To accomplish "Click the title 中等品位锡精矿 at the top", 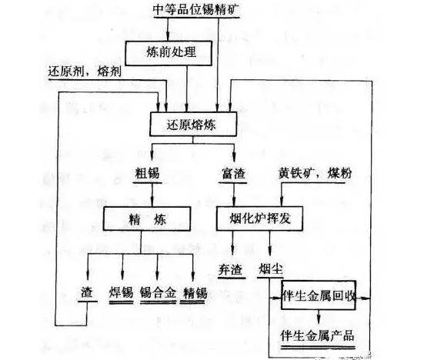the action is [196, 9].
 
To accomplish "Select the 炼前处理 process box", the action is [169, 53].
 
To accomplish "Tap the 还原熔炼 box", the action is [193, 124].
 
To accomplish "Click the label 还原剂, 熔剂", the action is [85, 72].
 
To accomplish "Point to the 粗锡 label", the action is [147, 173].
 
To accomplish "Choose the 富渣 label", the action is [233, 173].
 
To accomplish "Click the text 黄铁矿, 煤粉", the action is [315, 173].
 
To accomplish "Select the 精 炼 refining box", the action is [147, 218].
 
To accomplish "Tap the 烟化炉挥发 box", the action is [259, 218].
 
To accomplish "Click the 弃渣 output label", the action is [230, 269].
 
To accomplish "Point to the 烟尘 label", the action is [271, 269].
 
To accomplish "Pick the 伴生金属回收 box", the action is [319, 295].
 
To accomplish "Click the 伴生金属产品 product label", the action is [317, 336].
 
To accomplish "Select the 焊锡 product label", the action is [121, 293].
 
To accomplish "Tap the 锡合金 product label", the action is [159, 293].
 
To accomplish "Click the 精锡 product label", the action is [195, 293].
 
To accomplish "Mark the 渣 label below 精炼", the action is [87, 292].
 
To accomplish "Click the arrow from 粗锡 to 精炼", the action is [152, 195].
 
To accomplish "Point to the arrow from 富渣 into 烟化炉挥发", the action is [234, 195].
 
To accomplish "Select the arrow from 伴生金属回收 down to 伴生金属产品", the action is [319, 317].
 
